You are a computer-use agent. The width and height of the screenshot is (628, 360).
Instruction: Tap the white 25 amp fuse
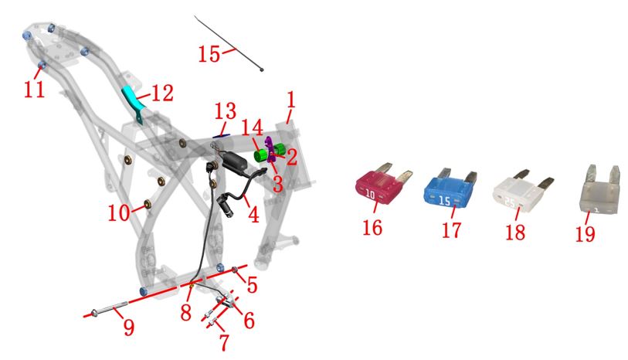pos(521,192)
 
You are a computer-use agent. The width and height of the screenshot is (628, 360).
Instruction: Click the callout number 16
pos(372,228)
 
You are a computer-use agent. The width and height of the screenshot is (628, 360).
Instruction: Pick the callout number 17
pos(452,230)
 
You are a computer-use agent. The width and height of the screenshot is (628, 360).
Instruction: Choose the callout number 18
pos(515,233)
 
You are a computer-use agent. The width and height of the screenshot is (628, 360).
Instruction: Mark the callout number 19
pos(586,234)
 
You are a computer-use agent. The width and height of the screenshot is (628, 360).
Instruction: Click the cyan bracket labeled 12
pos(134,102)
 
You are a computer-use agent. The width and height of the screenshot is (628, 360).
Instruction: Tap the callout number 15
pos(209,53)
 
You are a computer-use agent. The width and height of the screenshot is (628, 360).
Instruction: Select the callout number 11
pos(34,89)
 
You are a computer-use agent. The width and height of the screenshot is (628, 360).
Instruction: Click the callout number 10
pos(119,213)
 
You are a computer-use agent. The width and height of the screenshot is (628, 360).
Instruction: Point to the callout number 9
pos(128,328)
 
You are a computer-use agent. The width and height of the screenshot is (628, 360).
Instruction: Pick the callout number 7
pos(224,341)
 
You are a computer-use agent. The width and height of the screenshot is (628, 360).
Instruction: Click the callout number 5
pos(252,285)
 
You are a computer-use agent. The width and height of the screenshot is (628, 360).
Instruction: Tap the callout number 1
pos(291,100)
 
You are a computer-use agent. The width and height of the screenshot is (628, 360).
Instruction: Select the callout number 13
pos(226,112)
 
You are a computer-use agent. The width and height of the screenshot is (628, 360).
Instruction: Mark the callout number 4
pos(253,214)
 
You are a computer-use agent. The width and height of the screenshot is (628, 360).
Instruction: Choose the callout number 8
pos(185,312)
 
